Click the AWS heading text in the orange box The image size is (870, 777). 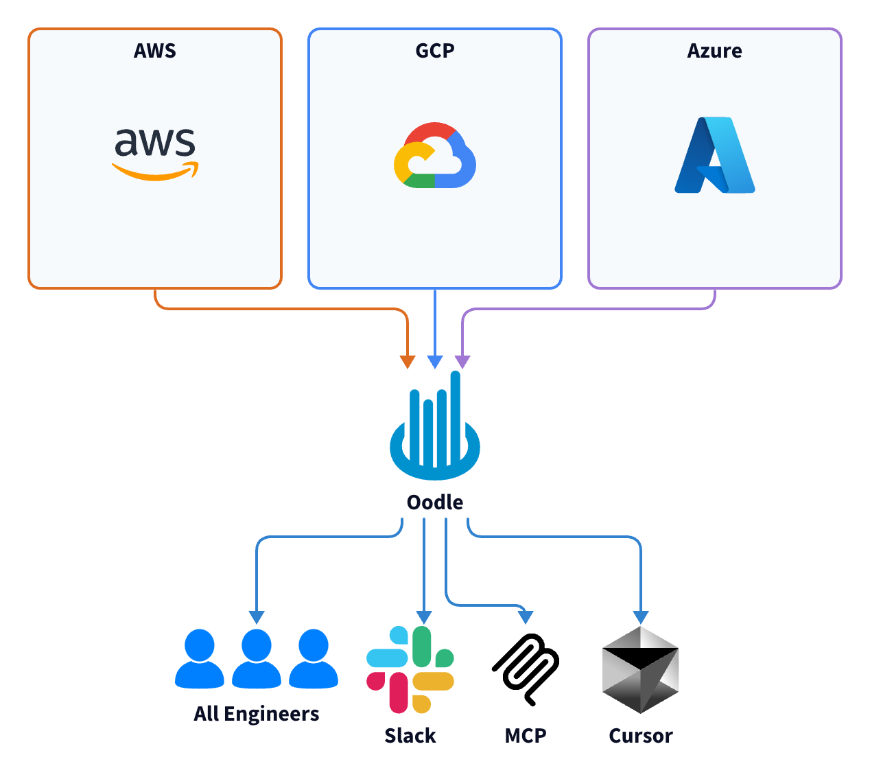(x=155, y=51)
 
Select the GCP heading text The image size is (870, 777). (x=435, y=51)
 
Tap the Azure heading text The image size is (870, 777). (x=714, y=51)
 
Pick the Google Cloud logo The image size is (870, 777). (x=435, y=156)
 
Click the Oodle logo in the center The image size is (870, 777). (x=435, y=428)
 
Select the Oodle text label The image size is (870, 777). (x=435, y=502)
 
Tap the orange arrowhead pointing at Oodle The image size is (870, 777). (x=408, y=362)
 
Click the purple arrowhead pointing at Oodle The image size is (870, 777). (x=463, y=362)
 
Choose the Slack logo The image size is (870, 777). (x=410, y=669)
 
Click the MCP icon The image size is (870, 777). (x=526, y=669)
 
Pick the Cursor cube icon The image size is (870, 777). (x=640, y=669)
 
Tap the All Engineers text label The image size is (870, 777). (x=257, y=714)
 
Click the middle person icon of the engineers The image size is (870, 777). (x=257, y=658)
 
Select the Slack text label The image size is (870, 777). (x=410, y=736)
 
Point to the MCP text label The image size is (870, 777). (x=526, y=736)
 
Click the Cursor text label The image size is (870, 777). (x=641, y=736)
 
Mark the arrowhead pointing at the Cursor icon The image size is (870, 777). (x=641, y=616)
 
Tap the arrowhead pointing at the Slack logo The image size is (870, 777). (x=424, y=616)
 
